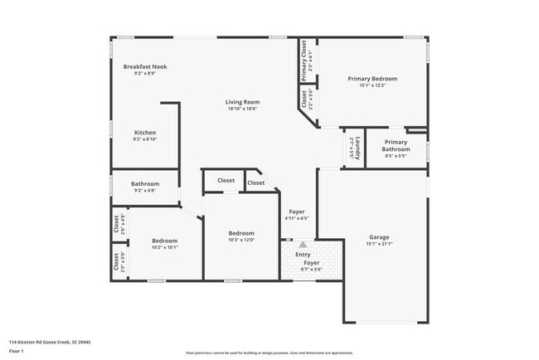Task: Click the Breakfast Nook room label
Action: point(147,66)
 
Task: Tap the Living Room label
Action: point(242,102)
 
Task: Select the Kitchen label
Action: point(145,133)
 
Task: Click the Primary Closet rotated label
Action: point(304,61)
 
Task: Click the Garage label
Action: point(379,237)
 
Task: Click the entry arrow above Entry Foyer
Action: point(303,245)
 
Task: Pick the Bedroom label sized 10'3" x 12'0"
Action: point(241,233)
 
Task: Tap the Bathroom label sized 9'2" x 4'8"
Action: point(145,184)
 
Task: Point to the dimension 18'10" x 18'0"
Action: point(242,109)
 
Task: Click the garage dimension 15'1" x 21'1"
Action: point(379,244)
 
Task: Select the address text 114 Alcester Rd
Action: point(50,341)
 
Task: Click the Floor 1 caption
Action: point(17,351)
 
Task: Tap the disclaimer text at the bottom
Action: point(269,353)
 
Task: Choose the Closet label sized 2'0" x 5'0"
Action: point(115,262)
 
